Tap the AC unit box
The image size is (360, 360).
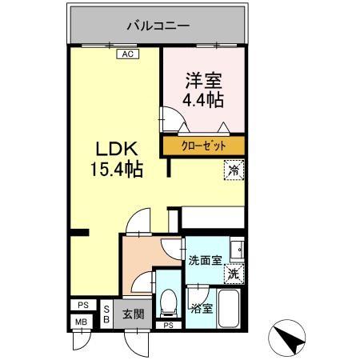126,54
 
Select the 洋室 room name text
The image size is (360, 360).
204,81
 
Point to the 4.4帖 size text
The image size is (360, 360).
204,99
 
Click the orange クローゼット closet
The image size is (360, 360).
203,146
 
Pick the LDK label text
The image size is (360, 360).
118,150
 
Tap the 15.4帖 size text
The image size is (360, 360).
118,170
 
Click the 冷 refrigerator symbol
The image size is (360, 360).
234,170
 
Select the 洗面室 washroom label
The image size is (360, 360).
204,261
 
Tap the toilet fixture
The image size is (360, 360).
168,302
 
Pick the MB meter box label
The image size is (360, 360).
82,322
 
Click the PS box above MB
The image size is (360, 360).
82,306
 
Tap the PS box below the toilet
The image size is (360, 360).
168,326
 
